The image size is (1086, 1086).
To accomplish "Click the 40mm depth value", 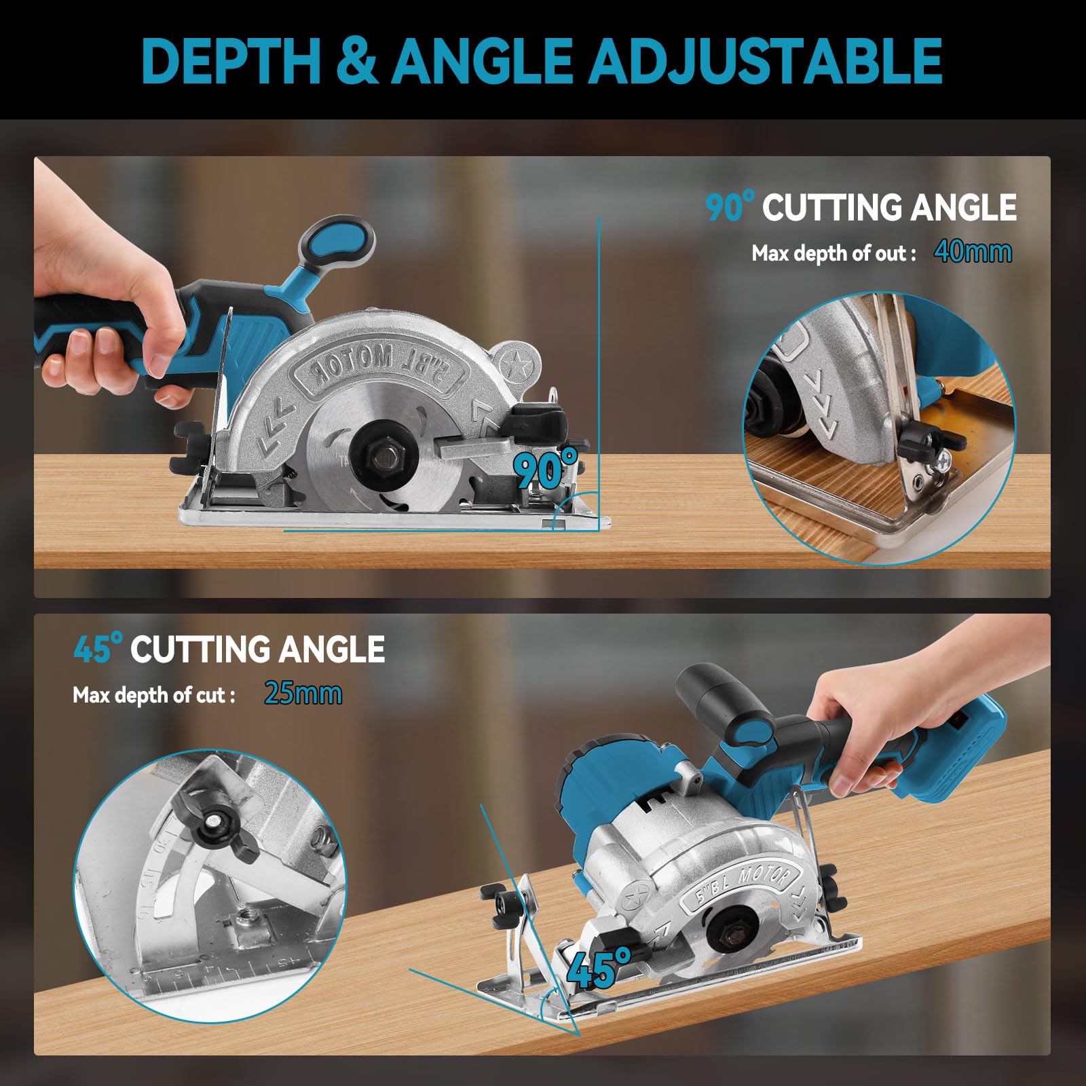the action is click(x=973, y=252).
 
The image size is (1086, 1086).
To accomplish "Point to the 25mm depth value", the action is click(x=303, y=693).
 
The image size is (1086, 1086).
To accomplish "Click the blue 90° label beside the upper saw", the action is click(x=546, y=466).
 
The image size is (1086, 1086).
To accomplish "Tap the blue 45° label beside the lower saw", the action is click(x=598, y=969).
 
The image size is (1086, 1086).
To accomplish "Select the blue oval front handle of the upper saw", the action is click(x=337, y=244).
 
